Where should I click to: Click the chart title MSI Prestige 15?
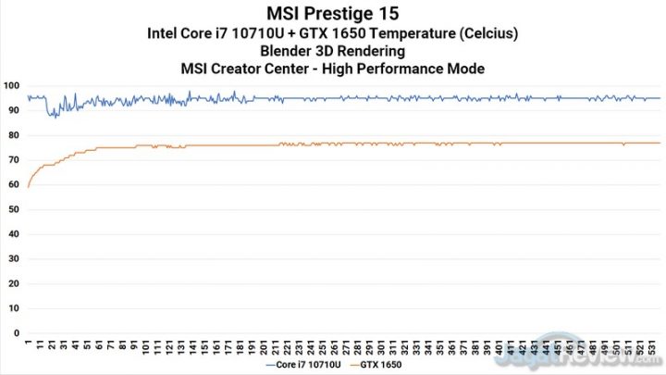[x=333, y=14]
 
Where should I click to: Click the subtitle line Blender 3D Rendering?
[x=333, y=51]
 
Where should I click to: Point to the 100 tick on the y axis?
[x=12, y=86]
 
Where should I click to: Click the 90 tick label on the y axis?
[x=12, y=111]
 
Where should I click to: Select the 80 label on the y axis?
[x=12, y=135]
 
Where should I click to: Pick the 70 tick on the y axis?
[x=12, y=160]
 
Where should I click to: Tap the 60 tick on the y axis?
[x=12, y=184]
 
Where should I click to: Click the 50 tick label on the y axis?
[x=12, y=209]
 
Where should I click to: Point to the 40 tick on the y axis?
[x=12, y=234]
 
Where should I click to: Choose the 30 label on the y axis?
[x=12, y=258]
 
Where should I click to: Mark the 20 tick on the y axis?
[x=12, y=283]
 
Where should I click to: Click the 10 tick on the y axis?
[x=12, y=307]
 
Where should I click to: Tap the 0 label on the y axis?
[x=15, y=332]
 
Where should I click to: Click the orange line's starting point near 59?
[x=28, y=187]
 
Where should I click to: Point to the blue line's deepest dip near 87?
[x=53, y=118]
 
